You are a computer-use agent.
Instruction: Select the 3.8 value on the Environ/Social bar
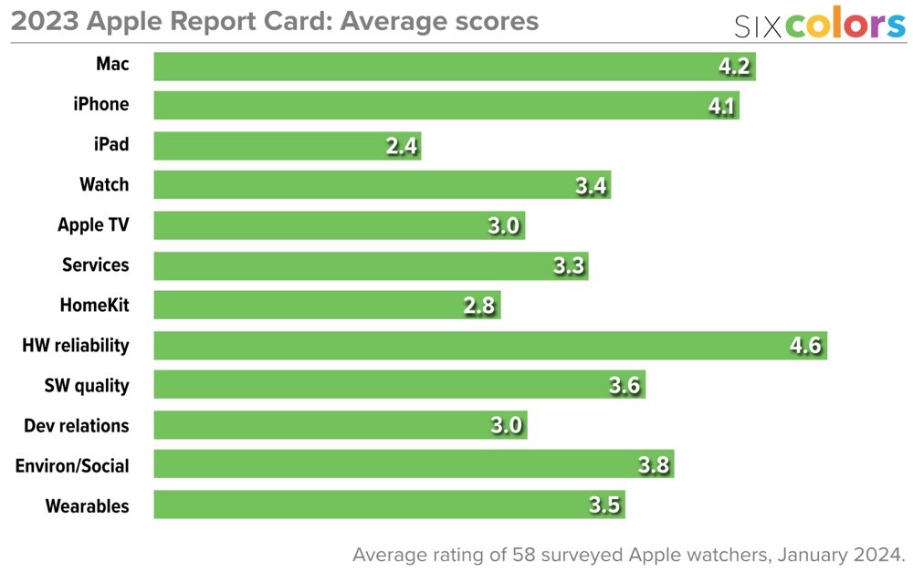pyautogui.click(x=654, y=465)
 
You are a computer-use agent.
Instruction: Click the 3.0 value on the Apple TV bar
pyautogui.click(x=504, y=226)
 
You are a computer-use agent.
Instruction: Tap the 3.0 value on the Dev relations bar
pyautogui.click(x=505, y=425)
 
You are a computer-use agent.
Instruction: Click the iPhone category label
pyautogui.click(x=101, y=105)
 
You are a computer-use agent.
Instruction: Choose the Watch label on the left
pyautogui.click(x=104, y=185)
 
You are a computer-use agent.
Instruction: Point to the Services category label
pyautogui.click(x=96, y=265)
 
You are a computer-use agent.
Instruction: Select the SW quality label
pyautogui.click(x=87, y=385)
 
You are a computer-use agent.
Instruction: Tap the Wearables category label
pyautogui.click(x=88, y=505)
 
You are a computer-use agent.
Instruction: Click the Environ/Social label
pyautogui.click(x=72, y=465)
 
